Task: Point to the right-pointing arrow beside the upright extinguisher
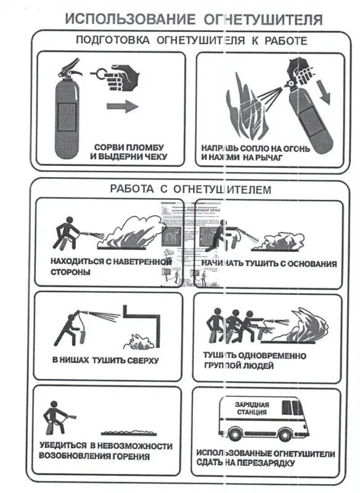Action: point(123,106)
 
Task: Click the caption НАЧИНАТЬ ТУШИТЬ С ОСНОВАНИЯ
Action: point(269,263)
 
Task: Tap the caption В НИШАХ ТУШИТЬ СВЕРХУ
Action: point(105,360)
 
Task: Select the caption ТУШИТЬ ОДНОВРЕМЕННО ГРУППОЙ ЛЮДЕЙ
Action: point(254,360)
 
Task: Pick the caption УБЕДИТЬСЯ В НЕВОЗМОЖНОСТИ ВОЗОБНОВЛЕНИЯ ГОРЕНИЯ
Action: point(105,451)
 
